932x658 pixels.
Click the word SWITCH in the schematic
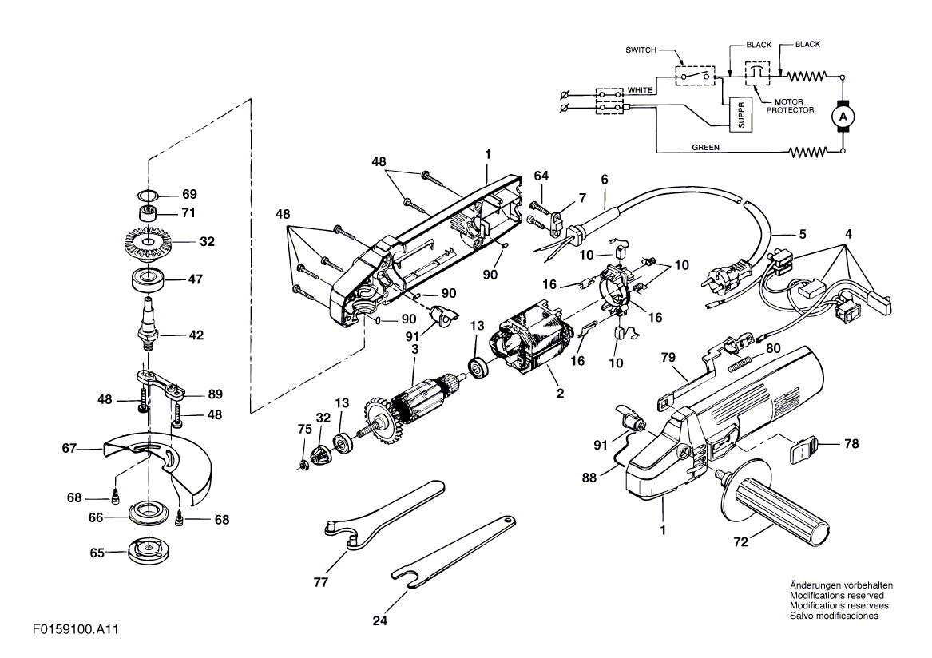(x=641, y=50)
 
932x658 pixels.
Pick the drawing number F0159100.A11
(x=76, y=629)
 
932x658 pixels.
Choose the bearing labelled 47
(x=149, y=279)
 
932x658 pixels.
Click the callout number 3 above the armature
(x=414, y=349)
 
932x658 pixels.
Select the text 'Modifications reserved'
(x=836, y=596)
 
